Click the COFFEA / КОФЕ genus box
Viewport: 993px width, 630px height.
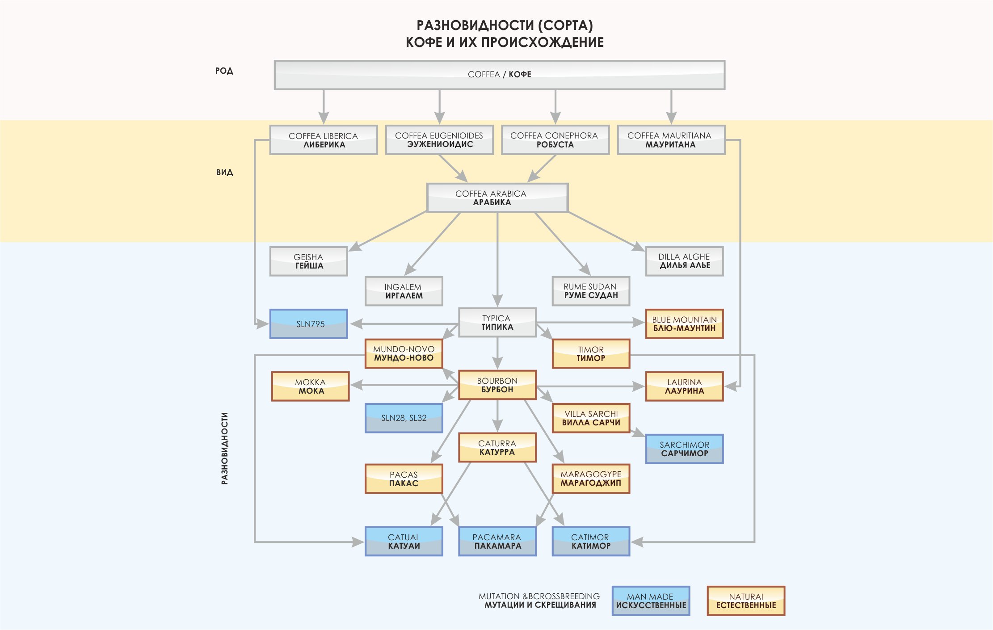click(499, 75)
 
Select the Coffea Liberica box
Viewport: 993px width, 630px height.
click(324, 140)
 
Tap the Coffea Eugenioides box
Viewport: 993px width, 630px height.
click(439, 140)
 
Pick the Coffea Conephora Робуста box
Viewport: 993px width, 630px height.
click(555, 140)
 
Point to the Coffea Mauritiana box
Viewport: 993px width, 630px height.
click(671, 140)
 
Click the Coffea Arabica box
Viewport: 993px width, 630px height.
click(497, 197)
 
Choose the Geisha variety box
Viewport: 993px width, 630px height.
click(308, 261)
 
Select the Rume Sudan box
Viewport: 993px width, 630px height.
click(591, 291)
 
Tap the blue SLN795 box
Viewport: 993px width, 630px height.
click(308, 324)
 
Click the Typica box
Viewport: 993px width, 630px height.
click(497, 322)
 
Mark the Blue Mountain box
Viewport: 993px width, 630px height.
click(684, 324)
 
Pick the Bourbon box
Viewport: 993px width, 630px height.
click(497, 385)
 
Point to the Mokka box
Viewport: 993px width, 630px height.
click(310, 386)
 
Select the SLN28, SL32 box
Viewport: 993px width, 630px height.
click(404, 418)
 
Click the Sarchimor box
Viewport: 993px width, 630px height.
click(684, 449)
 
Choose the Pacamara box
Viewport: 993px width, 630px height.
click(497, 541)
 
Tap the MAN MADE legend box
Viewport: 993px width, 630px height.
click(651, 601)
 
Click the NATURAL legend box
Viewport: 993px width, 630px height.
click(746, 601)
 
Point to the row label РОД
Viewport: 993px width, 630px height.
click(224, 71)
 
